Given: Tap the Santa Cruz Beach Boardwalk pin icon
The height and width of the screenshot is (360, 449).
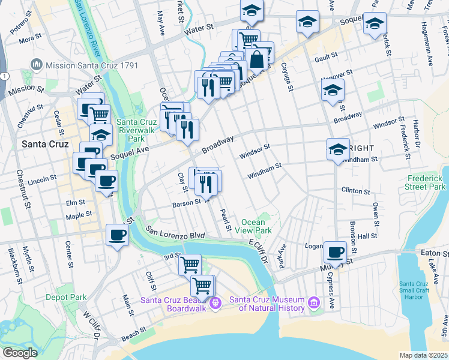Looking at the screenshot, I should click(217, 301).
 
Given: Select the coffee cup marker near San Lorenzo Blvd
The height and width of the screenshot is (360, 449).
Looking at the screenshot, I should click(118, 235).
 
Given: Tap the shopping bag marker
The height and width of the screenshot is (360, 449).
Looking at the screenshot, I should click(256, 60).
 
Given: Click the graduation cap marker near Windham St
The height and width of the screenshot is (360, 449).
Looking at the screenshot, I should click(338, 148).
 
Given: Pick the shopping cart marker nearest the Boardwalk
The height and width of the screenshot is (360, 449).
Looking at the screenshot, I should click(202, 286).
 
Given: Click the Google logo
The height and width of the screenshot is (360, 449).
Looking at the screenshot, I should click(20, 353).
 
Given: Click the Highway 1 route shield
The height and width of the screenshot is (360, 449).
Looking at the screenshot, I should click(5, 76).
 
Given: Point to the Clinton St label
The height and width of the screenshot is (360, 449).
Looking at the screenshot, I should click(356, 191).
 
